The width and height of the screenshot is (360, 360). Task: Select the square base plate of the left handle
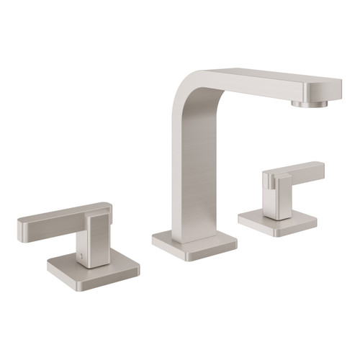coord(94,268)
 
